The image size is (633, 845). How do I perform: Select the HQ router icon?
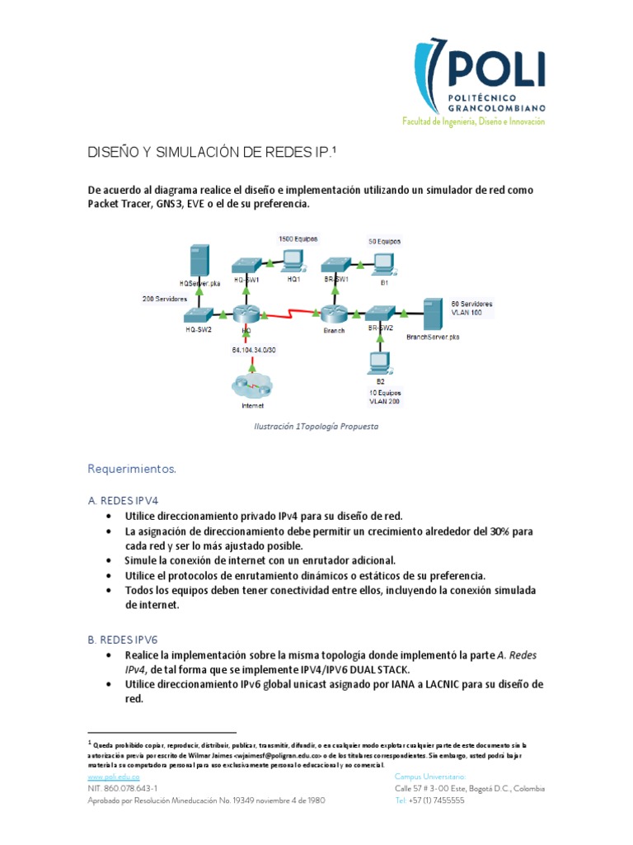(246, 313)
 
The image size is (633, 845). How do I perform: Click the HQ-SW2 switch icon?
(198, 314)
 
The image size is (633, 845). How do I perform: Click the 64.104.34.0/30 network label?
(255, 349)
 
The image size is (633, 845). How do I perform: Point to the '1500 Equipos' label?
(298, 238)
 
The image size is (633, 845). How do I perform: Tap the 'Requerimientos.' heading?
(132, 469)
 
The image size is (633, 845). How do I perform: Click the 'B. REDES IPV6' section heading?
(123, 639)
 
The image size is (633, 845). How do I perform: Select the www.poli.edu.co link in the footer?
(113, 777)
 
